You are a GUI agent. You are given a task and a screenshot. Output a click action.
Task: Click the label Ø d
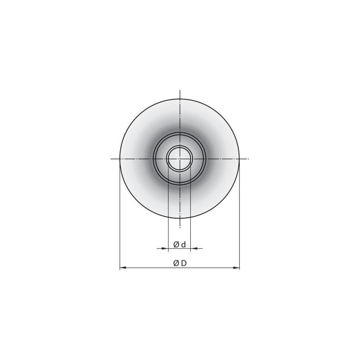(180, 245)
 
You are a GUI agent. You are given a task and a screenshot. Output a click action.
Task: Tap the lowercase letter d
(183, 245)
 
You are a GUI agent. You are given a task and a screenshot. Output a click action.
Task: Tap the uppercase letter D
(184, 263)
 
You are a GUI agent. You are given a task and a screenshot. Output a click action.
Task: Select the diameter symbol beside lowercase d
(176, 245)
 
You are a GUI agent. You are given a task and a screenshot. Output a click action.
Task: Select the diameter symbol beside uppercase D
(176, 263)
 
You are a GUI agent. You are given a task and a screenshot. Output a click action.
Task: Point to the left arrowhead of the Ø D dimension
(123, 267)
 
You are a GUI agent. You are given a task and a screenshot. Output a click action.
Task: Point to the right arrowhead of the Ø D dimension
(236, 267)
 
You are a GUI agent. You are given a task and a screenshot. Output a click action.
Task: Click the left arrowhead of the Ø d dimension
(165, 248)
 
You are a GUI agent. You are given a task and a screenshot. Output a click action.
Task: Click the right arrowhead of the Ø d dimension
(193, 248)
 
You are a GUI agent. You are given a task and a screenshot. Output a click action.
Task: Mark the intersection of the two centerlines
(180, 159)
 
